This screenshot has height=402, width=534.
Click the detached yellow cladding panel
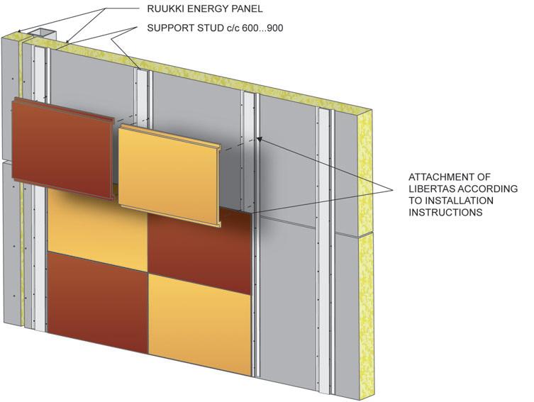click(170, 174)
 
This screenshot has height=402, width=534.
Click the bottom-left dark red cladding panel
click(97, 298)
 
